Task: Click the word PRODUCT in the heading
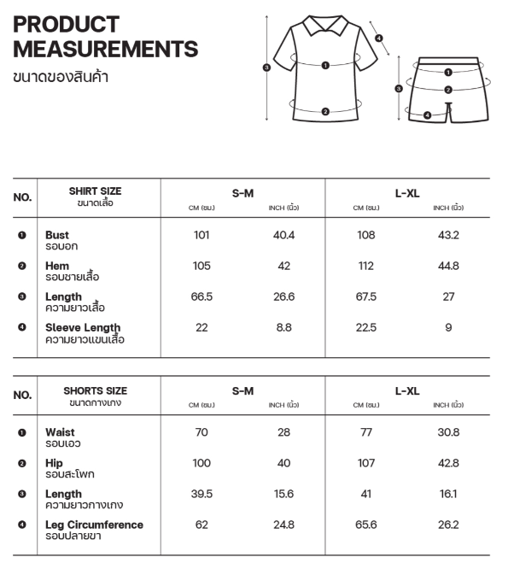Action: pos(66,24)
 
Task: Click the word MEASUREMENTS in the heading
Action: pos(106,49)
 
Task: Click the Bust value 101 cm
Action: pos(201,235)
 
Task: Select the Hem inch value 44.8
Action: pos(448,266)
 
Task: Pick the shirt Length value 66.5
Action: pos(201,296)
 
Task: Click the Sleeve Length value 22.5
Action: pos(365,327)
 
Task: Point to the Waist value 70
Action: pos(201,432)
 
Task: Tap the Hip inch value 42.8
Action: pos(448,463)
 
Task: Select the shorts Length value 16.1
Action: pos(448,494)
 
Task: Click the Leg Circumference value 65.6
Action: pos(365,525)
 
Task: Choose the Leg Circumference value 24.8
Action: pos(284,525)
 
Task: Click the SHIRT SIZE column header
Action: pos(95,191)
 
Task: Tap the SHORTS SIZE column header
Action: pos(95,390)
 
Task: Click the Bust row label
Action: pos(57,235)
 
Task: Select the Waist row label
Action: pos(60,432)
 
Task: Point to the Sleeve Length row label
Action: pos(83,327)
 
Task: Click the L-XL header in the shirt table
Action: pos(407,193)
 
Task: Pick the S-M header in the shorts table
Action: pos(242,391)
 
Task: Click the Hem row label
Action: pos(57,266)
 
